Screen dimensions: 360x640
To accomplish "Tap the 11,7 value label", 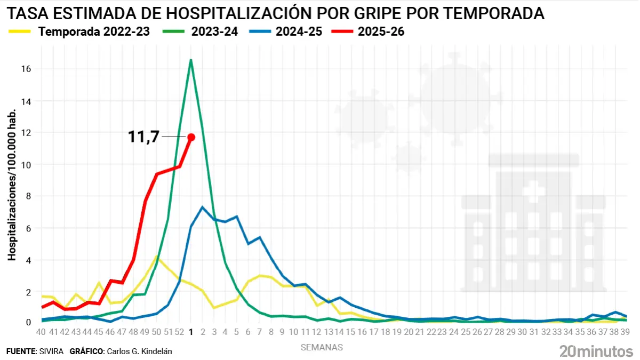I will point(143,137).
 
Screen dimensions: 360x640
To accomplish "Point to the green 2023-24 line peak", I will point(190,60).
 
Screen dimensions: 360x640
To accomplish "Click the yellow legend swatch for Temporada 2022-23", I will point(20,32).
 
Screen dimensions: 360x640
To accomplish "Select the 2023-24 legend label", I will point(214,32).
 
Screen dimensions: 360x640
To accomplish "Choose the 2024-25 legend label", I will point(299,32).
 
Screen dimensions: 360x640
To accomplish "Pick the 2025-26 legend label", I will point(381,32).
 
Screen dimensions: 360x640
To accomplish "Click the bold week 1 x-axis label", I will point(191,332).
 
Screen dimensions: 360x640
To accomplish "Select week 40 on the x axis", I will point(41,332).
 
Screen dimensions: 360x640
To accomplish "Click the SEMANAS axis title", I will point(322,347).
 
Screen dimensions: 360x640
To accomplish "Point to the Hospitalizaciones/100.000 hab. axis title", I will point(12,185).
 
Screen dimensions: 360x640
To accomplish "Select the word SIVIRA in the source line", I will point(51,351).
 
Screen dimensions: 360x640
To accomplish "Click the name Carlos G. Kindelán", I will point(140,351).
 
